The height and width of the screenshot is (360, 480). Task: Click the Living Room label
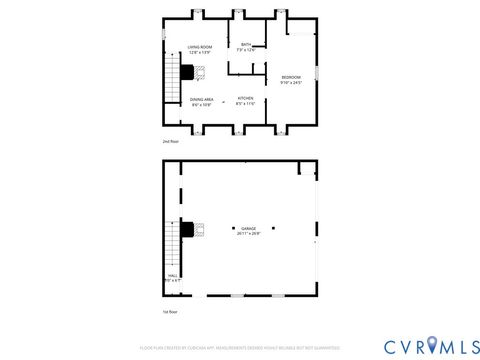coord(200,47)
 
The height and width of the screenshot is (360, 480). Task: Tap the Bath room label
coord(246,44)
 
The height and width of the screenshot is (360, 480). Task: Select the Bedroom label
coord(291,77)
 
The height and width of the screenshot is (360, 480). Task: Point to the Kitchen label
coord(246,97)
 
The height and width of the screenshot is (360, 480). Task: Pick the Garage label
coord(248,228)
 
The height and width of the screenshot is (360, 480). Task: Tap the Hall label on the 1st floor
coord(172,275)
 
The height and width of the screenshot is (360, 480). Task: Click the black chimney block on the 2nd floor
coord(187,70)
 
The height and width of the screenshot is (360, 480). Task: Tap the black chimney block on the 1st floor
coord(187,229)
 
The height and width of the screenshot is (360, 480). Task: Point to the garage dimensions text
coord(248,234)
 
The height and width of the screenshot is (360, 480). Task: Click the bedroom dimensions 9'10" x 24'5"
coord(291,83)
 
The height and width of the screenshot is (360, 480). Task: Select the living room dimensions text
coord(200,53)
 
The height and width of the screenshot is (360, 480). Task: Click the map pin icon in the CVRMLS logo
coord(431,346)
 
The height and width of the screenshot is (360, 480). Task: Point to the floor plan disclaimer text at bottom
coord(239,347)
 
